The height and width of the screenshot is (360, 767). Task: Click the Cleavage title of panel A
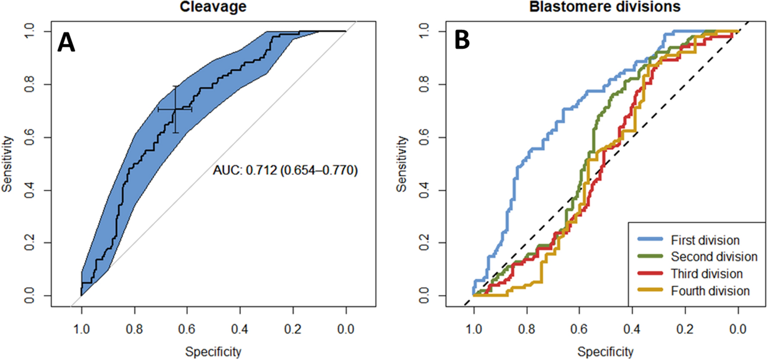pyautogui.click(x=213, y=7)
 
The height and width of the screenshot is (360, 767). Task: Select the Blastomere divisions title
pyautogui.click(x=605, y=7)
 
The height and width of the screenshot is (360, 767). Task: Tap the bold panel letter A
pyautogui.click(x=66, y=43)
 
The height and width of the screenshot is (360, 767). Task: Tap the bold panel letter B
pyautogui.click(x=462, y=40)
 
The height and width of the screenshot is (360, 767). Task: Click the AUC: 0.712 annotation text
pyautogui.click(x=285, y=170)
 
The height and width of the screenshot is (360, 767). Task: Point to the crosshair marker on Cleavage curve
pyautogui.click(x=175, y=109)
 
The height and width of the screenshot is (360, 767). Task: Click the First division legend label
pyautogui.click(x=705, y=240)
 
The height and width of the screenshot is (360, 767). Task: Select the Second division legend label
pyautogui.click(x=714, y=257)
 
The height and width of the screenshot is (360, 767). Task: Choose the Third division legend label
pyautogui.click(x=707, y=274)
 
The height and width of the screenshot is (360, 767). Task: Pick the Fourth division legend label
pyautogui.click(x=710, y=291)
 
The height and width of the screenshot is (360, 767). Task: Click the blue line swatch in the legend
pyautogui.click(x=650, y=239)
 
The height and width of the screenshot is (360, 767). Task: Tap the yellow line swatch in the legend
pyautogui.click(x=650, y=290)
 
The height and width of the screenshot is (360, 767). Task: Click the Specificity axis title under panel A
pyautogui.click(x=213, y=351)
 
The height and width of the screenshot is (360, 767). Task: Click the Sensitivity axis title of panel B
pyautogui.click(x=402, y=164)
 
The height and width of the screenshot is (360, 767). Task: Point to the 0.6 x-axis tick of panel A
pyautogui.click(x=187, y=329)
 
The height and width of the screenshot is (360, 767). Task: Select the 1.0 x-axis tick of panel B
pyautogui.click(x=473, y=329)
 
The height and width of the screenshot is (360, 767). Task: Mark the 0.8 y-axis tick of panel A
pyautogui.click(x=29, y=84)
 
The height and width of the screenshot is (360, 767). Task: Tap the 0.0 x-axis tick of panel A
pyautogui.click(x=346, y=329)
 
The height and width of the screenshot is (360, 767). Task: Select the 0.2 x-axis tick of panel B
pyautogui.click(x=685, y=329)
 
